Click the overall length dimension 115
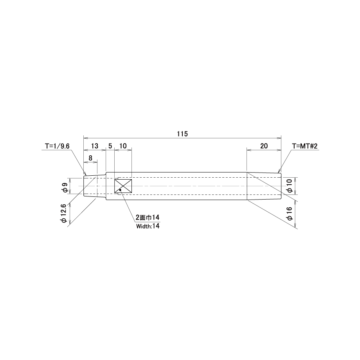point(182,133)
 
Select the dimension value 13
point(94,146)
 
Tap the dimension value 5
point(110,146)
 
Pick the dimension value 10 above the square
point(123,146)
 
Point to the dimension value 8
point(90,158)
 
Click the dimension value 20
point(264,146)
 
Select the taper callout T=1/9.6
point(57,146)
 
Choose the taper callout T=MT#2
point(305,146)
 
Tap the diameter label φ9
point(65,187)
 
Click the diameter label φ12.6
point(63,213)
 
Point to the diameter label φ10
point(290,186)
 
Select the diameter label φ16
point(290,214)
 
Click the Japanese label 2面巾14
point(148,217)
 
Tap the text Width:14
point(148,226)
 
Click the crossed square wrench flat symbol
point(123,186)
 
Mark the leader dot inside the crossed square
point(120,190)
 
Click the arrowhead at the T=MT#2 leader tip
point(279,171)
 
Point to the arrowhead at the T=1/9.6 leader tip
point(85,173)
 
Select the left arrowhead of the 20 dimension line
point(249,150)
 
